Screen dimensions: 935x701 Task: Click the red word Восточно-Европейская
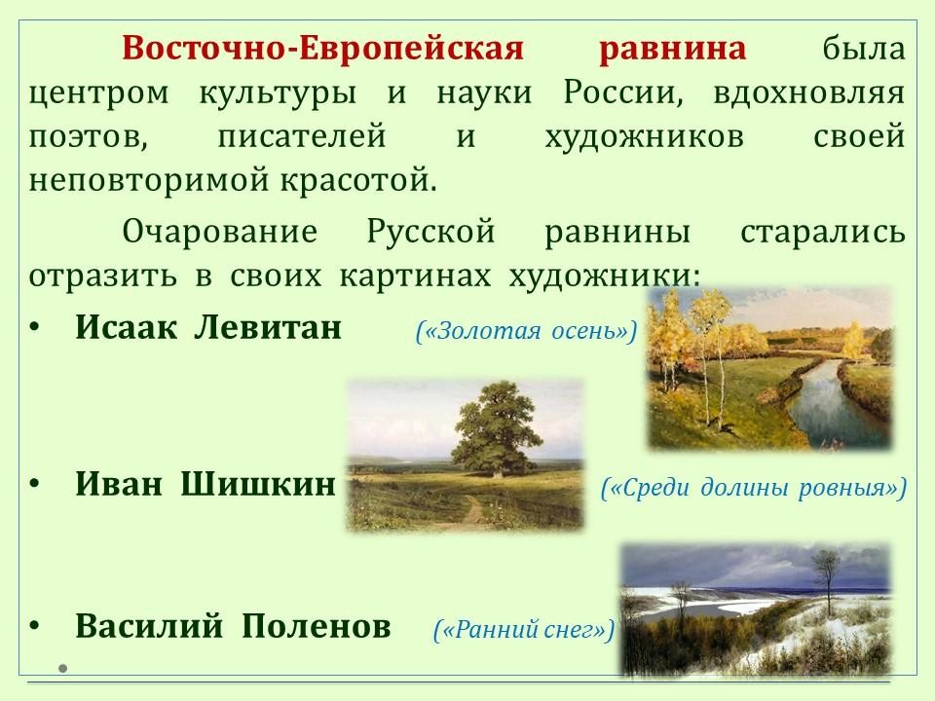323,49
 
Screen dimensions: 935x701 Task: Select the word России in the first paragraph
623,93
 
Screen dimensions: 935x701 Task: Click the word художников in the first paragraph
644,137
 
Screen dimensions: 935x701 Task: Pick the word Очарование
219,232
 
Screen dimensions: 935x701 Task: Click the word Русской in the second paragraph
430,232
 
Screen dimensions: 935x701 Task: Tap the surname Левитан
268,327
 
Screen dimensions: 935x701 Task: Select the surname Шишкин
258,484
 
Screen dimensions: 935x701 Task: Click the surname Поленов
317,626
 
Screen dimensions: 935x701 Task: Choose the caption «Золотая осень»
527,331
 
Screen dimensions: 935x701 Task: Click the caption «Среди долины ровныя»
754,488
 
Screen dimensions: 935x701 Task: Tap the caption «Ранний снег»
524,630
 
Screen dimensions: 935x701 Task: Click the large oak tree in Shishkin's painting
496,428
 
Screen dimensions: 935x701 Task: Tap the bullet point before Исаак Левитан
35,328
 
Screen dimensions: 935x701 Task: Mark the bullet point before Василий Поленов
35,626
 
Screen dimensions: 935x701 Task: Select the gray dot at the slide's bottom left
62,668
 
